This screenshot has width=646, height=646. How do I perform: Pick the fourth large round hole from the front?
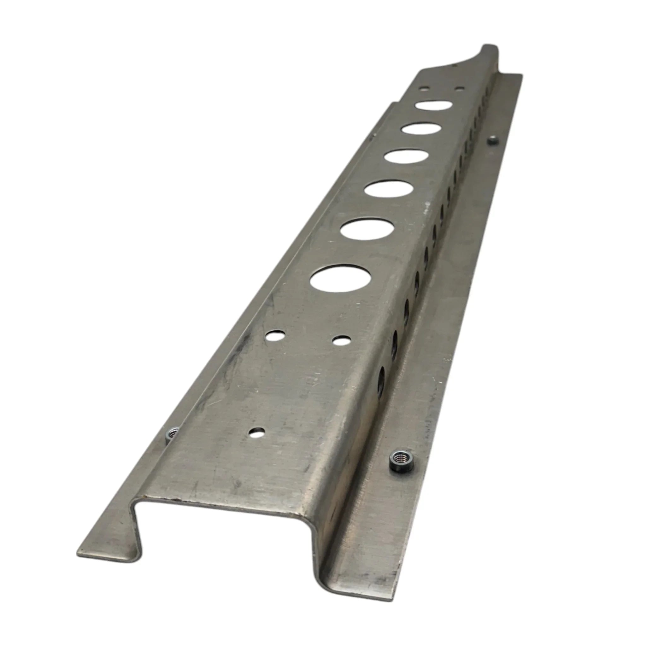(407, 156)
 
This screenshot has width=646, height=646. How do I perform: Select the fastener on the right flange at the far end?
(492, 141)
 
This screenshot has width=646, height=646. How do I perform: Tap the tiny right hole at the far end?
(460, 89)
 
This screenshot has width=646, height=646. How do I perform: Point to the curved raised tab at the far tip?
(488, 57)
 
